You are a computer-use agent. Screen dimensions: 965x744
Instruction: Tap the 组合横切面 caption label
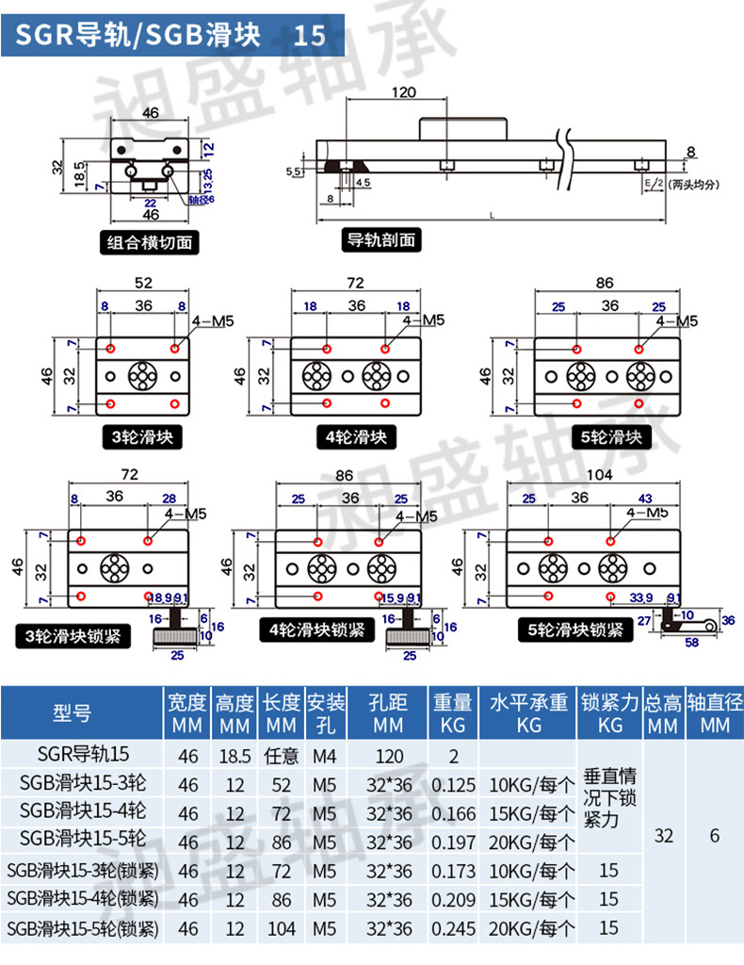coord(151,242)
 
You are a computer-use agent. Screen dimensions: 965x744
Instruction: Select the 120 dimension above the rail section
coord(403,91)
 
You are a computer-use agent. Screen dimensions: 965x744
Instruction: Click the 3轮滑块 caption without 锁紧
coord(142,437)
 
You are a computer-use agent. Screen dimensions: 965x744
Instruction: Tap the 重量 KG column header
coord(452,714)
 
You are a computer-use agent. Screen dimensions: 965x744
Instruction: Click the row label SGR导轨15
coord(84,755)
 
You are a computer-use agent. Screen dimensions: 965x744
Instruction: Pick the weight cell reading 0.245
coord(452,928)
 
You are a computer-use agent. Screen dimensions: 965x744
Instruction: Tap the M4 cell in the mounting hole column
coord(326,756)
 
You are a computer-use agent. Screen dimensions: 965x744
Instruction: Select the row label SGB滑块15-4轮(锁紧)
coord(84,900)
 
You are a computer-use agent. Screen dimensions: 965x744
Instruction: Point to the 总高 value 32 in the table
coord(664,835)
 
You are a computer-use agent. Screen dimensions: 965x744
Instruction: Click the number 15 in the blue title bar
coord(310,36)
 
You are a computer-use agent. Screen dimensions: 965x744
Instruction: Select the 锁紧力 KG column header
coord(609,714)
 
